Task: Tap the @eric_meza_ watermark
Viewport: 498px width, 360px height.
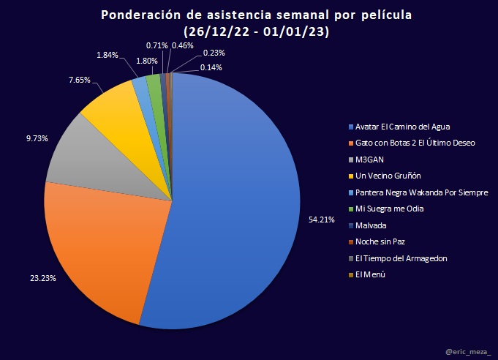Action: (467, 350)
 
